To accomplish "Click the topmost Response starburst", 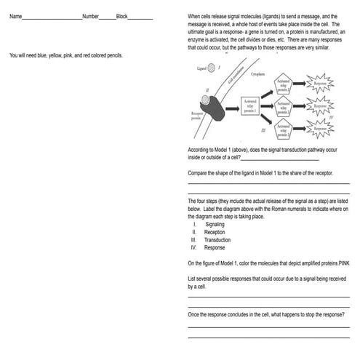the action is [321, 84].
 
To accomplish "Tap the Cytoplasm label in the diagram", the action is [257, 74].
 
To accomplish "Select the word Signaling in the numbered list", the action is [215, 225].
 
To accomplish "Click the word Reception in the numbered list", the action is [215, 232].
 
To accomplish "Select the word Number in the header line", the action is [91, 15].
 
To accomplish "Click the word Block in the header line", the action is [122, 15].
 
